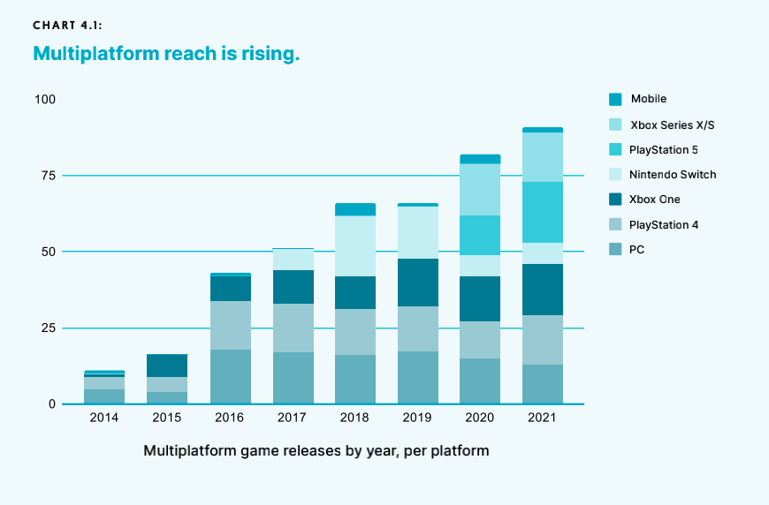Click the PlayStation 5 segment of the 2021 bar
tap(542, 212)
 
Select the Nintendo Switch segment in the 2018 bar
tap(354, 245)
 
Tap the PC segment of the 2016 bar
tap(230, 377)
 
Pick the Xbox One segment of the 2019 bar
tap(417, 283)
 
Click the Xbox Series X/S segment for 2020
tap(479, 190)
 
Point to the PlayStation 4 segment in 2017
tap(293, 328)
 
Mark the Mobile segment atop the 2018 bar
tap(354, 209)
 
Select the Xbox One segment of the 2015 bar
tap(167, 366)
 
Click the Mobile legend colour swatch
tap(615, 99)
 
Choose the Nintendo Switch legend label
tap(673, 174)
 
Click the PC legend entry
tap(636, 250)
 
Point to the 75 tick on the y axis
tap(46, 176)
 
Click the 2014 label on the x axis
tap(104, 418)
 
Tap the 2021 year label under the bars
tap(542, 418)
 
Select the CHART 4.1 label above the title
tap(67, 26)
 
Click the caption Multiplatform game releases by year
tap(316, 450)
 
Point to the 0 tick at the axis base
tap(51, 404)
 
